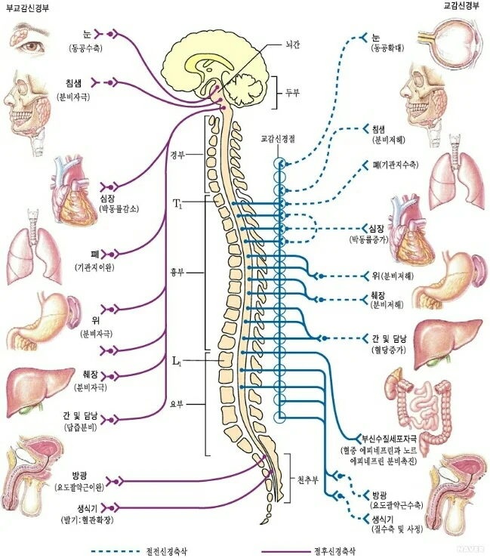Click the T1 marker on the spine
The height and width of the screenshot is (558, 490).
(177, 203)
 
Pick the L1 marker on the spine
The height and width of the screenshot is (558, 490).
(177, 361)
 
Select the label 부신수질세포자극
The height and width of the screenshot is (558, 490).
(391, 439)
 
